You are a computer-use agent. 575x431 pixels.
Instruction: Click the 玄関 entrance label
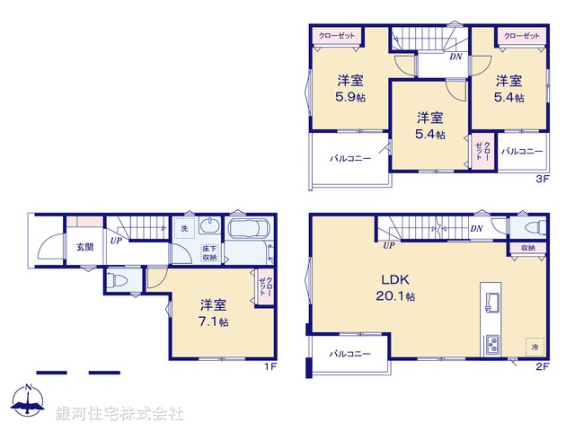[84, 247]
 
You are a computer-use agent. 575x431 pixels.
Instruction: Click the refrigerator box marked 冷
[534, 347]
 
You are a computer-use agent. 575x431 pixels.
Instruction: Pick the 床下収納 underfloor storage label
[208, 253]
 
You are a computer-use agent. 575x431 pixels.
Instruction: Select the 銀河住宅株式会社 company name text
[119, 414]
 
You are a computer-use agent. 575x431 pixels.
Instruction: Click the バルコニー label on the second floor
[349, 355]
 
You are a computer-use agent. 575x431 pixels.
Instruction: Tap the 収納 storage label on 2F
[527, 247]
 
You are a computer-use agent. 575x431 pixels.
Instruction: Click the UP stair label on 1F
[117, 241]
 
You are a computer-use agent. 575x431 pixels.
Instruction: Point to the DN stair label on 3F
[456, 57]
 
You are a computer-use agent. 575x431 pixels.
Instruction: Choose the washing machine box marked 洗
[182, 229]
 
